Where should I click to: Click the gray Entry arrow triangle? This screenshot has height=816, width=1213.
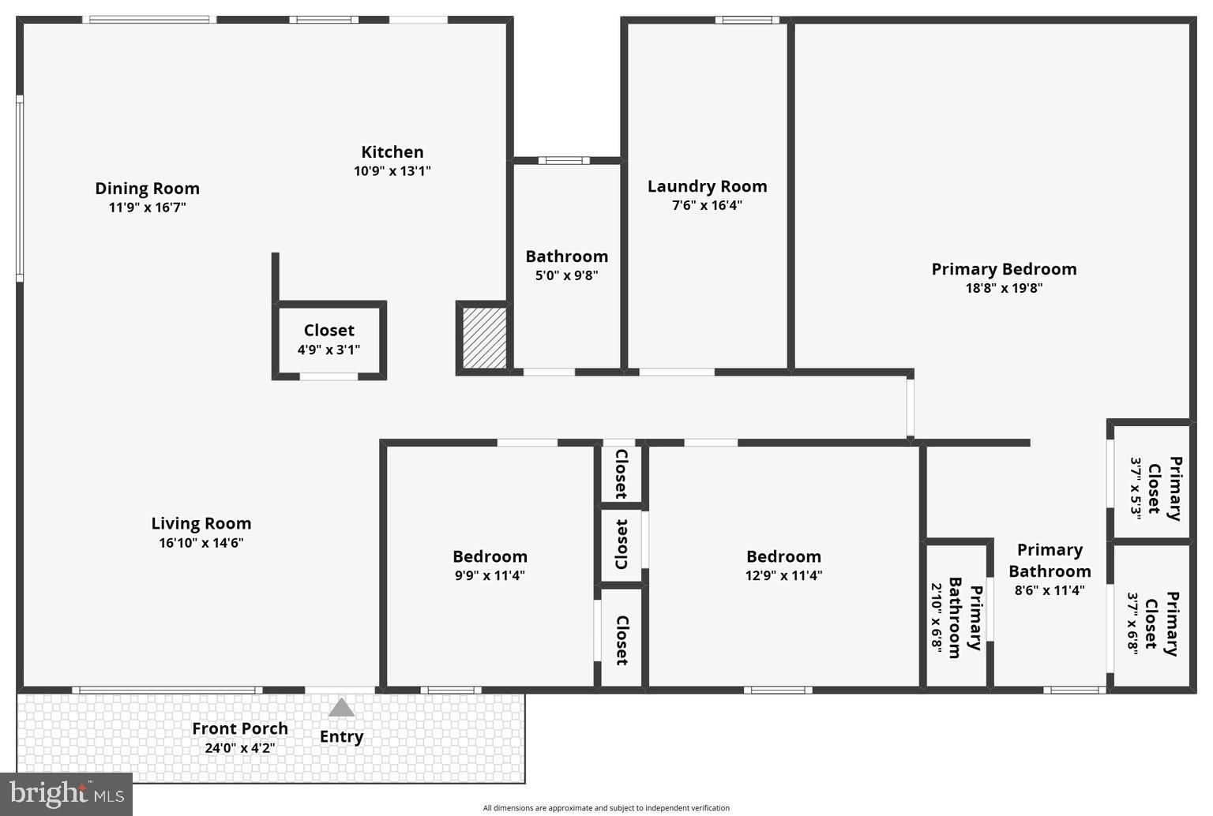[x=341, y=707]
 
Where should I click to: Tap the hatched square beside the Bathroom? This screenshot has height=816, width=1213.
[x=483, y=338]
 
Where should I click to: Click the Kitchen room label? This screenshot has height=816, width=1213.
[x=392, y=152]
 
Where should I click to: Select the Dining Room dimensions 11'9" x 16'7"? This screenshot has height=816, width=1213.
[x=148, y=208]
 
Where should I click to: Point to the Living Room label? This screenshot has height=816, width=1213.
[x=201, y=523]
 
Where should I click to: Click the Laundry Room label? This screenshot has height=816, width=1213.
[x=707, y=186]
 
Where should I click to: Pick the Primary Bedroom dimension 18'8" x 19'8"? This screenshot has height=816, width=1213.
[x=1004, y=288]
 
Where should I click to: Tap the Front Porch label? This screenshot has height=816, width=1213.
[x=240, y=728]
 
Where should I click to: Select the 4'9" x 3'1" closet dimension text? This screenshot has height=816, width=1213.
[x=329, y=350]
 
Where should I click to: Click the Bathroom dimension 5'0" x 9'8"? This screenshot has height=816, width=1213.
[x=566, y=275]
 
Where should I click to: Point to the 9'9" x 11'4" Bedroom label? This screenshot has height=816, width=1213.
[x=490, y=556]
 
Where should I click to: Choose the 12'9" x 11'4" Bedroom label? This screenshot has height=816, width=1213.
[x=783, y=556]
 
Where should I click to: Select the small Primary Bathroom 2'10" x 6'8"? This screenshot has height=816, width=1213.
[x=956, y=622]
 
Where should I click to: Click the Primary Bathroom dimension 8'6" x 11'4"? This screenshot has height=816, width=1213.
[x=1050, y=590]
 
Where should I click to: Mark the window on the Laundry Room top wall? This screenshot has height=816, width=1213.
[x=747, y=20]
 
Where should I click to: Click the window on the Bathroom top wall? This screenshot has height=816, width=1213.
[x=564, y=160]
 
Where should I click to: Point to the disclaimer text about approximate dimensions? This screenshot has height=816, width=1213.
[x=606, y=807]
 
